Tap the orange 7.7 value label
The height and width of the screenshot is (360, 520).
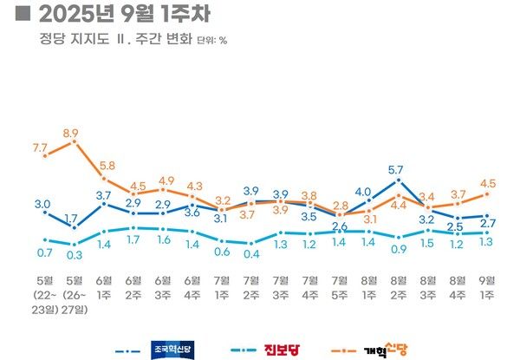pyautogui.click(x=40, y=149)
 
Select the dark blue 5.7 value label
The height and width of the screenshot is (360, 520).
pyautogui.click(x=397, y=169)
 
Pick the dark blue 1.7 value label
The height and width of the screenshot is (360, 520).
pyautogui.click(x=71, y=218)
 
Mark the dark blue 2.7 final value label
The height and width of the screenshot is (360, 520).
pyautogui.click(x=487, y=225)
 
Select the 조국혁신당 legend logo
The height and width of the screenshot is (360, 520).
pyautogui.click(x=171, y=350)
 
